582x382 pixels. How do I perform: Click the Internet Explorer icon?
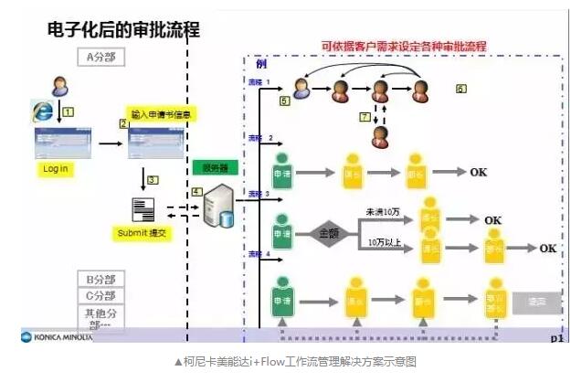(42, 111)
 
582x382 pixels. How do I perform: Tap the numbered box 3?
(153, 180)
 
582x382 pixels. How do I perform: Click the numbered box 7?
(364, 117)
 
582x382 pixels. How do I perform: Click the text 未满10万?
(382, 212)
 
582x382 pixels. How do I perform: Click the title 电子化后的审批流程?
(123, 29)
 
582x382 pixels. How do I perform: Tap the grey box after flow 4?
(536, 301)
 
